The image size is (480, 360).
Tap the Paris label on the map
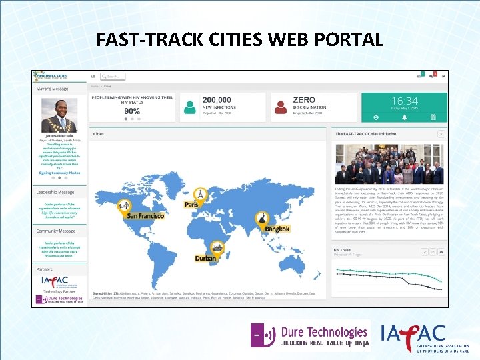click(x=191, y=205)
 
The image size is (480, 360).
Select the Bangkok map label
click(x=277, y=229)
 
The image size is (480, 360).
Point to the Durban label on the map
click(x=205, y=258)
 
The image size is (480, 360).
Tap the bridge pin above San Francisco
click(x=123, y=205)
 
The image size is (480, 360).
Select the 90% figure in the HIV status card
click(x=132, y=111)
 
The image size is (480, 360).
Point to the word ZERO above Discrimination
click(x=303, y=100)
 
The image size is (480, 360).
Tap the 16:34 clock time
click(x=405, y=101)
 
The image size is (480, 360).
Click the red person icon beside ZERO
click(x=281, y=106)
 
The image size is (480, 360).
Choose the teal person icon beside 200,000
click(x=191, y=106)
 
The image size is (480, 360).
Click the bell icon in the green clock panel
click(x=404, y=117)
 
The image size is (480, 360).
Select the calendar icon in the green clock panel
click(x=433, y=117)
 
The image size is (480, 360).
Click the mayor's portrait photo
click(x=59, y=115)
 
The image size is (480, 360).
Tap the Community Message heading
click(x=55, y=231)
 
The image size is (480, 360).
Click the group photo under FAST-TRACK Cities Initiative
click(x=389, y=163)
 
